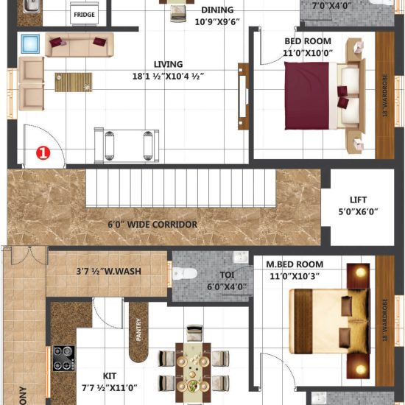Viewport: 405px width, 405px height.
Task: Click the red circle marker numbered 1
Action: (x=43, y=153)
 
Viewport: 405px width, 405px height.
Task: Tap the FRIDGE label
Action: (x=83, y=14)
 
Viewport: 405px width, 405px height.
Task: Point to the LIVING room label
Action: (x=169, y=64)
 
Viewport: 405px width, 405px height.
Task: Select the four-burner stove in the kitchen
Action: (x=63, y=358)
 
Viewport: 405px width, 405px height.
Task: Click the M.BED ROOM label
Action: (x=295, y=264)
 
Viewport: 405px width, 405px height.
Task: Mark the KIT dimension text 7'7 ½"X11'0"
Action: (x=109, y=387)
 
